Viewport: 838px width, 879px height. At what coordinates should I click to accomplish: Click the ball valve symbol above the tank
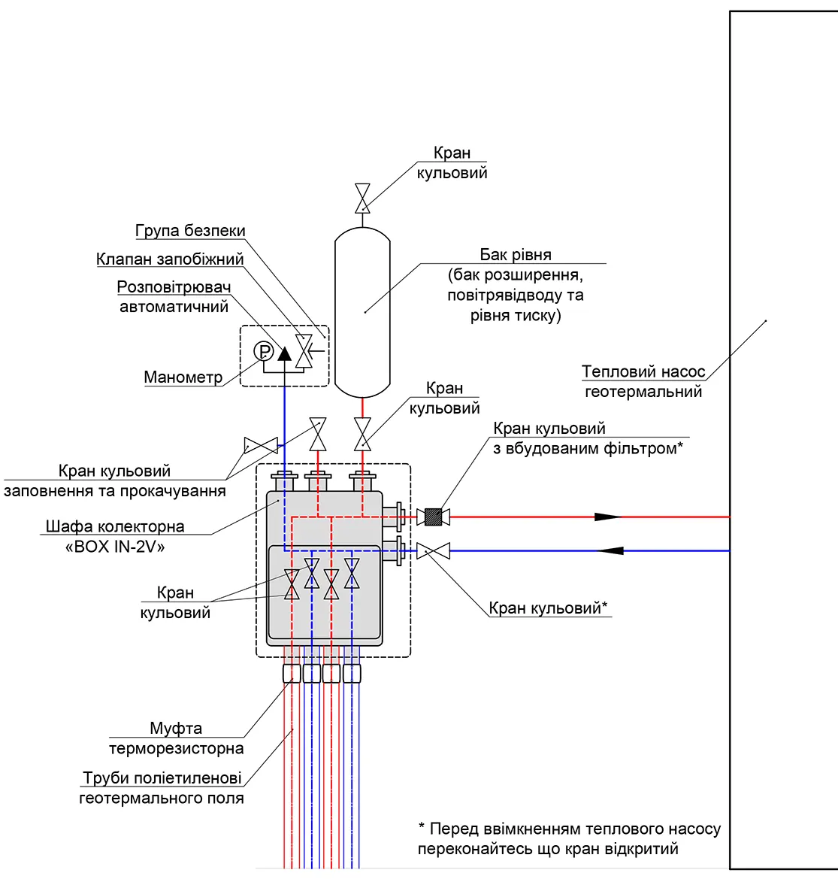(x=362, y=199)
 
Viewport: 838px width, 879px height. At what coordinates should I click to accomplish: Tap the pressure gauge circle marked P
(x=263, y=351)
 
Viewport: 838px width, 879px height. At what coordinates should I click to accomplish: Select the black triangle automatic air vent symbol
(x=285, y=353)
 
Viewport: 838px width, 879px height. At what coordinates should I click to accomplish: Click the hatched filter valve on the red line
(x=433, y=517)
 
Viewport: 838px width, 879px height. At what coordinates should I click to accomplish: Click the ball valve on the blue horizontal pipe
(x=433, y=551)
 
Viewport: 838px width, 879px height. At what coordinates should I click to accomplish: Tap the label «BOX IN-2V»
(x=115, y=547)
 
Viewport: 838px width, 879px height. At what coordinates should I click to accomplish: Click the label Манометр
(x=183, y=377)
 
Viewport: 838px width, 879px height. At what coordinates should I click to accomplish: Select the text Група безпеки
(x=190, y=230)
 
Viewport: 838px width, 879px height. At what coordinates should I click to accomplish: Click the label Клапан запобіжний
(x=170, y=259)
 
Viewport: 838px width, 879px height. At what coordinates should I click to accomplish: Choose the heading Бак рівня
(x=516, y=254)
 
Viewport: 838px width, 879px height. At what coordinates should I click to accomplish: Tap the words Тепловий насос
(x=643, y=371)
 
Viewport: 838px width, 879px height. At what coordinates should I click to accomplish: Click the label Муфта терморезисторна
(x=176, y=738)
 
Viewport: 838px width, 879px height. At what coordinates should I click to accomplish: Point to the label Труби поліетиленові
(x=162, y=777)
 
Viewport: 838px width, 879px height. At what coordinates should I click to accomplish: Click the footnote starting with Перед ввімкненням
(x=569, y=838)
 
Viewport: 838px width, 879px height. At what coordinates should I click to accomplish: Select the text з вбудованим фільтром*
(x=588, y=448)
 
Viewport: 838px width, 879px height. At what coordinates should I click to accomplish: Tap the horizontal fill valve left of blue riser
(x=261, y=446)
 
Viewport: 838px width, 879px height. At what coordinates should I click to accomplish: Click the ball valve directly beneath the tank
(x=362, y=434)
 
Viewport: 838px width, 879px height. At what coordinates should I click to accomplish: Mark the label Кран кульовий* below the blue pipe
(x=548, y=608)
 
